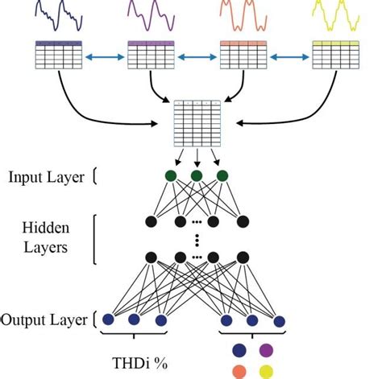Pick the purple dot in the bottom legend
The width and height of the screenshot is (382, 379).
pyautogui.click(x=265, y=350)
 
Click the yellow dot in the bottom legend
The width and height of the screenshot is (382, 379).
pyautogui.click(x=265, y=371)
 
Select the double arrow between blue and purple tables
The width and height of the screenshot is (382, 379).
pyautogui.click(x=105, y=56)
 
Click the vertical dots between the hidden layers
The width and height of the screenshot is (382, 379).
pyautogui.click(x=196, y=239)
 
